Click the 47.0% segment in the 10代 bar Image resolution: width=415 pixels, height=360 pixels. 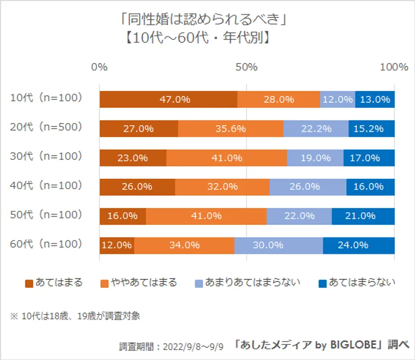pos(168,99)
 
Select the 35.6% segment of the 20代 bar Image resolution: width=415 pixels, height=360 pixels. pos(231,128)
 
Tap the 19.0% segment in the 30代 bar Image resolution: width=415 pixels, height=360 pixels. pos(315,158)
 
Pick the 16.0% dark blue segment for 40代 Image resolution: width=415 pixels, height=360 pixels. pos(370,187)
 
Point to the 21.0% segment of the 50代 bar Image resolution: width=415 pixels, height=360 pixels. pos(363,216)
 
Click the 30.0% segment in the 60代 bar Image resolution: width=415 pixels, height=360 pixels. pos(279,245)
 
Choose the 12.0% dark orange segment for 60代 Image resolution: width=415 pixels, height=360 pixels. pos(117,245)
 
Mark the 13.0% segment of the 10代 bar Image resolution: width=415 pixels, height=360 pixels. pos(374,99)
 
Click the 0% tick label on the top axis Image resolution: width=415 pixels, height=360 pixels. pos(100,67)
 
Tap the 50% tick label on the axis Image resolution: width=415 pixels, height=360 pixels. pos(247,67)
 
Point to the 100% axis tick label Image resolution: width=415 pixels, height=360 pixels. pos(394,67)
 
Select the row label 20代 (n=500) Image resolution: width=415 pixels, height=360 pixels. pos(46,127)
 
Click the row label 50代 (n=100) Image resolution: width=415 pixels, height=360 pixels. pos(46,215)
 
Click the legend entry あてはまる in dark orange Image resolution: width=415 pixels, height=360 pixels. pos(54,283)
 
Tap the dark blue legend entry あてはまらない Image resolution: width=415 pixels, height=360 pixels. pos(357,283)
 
